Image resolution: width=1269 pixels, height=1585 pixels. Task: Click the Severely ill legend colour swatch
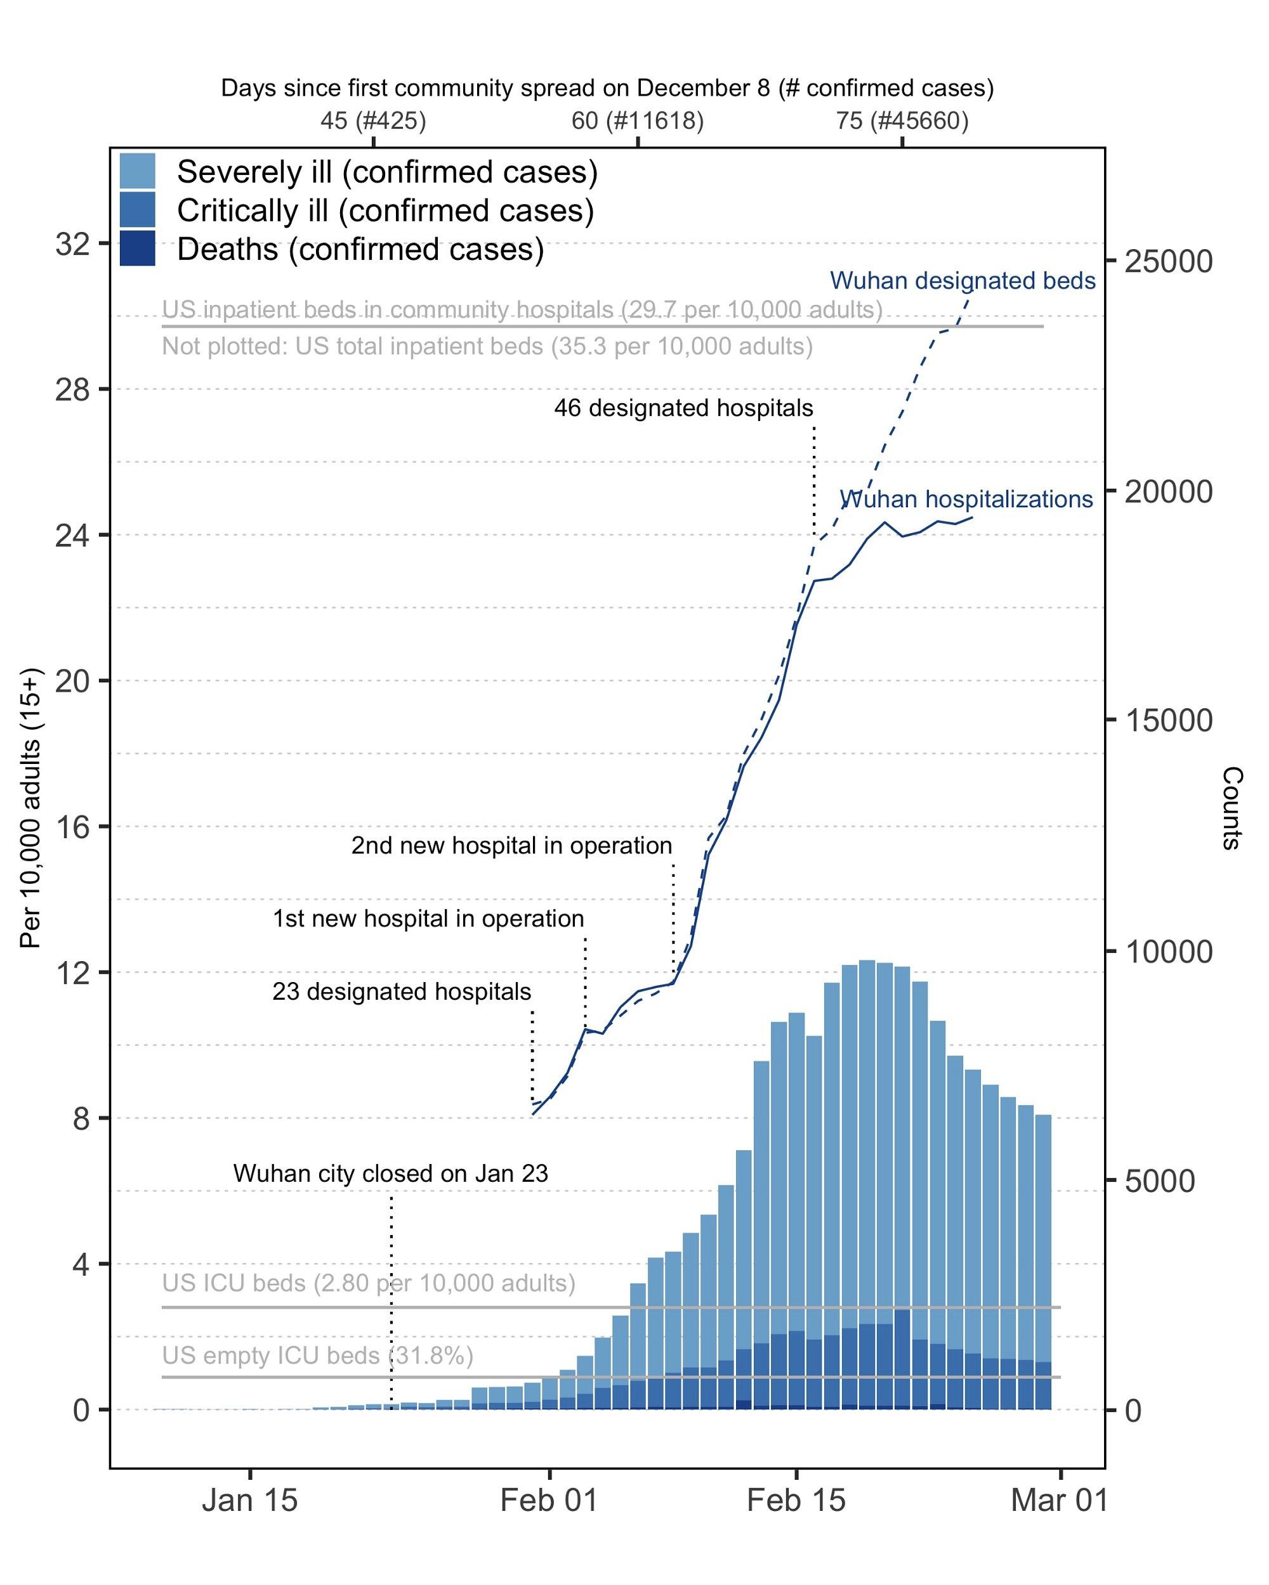pyautogui.click(x=138, y=171)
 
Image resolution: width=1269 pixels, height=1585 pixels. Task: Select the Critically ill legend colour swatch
pyautogui.click(x=138, y=210)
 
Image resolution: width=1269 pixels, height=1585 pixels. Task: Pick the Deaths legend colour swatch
pyautogui.click(x=138, y=249)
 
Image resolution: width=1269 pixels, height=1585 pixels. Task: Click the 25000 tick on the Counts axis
pyautogui.click(x=1168, y=262)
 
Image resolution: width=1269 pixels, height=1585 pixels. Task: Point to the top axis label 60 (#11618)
pyautogui.click(x=637, y=120)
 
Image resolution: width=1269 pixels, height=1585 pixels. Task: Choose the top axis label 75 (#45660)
pyautogui.click(x=902, y=120)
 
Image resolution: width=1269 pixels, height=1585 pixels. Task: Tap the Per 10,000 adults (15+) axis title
pyautogui.click(x=31, y=809)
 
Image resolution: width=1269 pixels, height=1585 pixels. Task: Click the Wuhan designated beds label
pyautogui.click(x=963, y=281)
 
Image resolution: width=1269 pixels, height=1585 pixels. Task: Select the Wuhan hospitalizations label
pyautogui.click(x=966, y=499)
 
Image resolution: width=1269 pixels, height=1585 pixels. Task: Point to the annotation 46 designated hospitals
pyautogui.click(x=683, y=408)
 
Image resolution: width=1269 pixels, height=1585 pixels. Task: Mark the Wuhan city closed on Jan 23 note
pyautogui.click(x=391, y=1174)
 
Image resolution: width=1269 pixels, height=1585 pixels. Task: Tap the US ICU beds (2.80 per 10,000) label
pyautogui.click(x=369, y=1283)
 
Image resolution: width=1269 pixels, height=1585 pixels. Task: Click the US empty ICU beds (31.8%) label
pyautogui.click(x=317, y=1355)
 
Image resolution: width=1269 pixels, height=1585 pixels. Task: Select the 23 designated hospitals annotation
pyautogui.click(x=402, y=992)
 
